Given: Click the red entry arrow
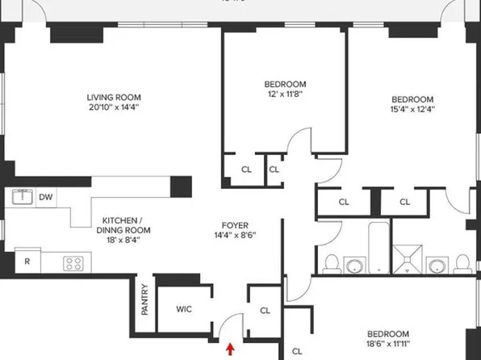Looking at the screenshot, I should (232, 349).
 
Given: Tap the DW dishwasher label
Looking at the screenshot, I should (46, 196).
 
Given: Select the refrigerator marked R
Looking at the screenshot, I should (27, 262).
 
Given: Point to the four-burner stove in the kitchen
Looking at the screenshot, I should (73, 262).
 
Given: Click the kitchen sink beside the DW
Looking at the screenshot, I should (21, 196).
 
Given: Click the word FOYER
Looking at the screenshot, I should (235, 225).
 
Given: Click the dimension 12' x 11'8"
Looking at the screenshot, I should (285, 94).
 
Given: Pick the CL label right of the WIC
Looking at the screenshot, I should (266, 310).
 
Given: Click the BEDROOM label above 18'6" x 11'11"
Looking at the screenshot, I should (388, 334).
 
